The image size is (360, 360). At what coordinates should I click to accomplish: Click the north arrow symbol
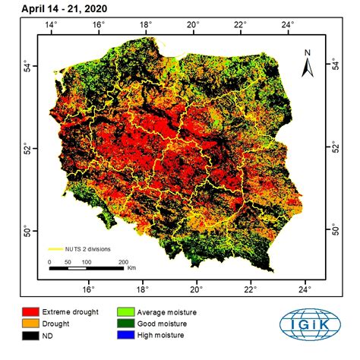coord(307,68)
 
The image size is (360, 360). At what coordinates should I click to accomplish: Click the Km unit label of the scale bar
coord(131,268)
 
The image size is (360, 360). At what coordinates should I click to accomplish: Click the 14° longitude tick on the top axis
coord(52,25)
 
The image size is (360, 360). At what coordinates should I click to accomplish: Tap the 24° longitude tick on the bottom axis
coord(305,289)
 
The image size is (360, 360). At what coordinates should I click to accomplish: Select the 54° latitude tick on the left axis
coord(26,65)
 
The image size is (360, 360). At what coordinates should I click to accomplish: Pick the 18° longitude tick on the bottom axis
coord(142,289)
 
